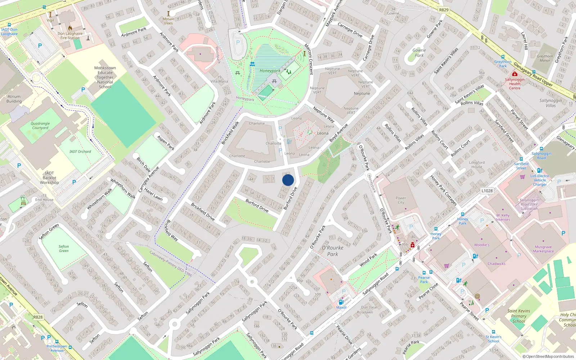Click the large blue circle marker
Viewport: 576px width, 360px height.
tap(288, 180)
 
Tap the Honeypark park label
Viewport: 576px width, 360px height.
tap(270, 71)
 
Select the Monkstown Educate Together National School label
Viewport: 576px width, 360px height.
tap(105, 77)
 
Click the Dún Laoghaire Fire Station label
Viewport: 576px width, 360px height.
tap(70, 36)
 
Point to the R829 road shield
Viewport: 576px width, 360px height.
tap(444, 10)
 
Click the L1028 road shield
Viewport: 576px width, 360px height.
tap(487, 191)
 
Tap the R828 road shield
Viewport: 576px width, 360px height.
tap(38, 317)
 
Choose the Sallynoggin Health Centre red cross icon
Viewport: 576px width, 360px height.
tap(515, 74)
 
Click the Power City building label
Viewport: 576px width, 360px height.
tap(401, 200)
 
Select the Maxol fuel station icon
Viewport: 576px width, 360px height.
tap(341, 302)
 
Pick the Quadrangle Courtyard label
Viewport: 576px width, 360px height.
tap(40, 126)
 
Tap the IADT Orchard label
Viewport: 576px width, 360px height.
tap(80, 152)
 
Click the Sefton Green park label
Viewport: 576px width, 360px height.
tap(64, 249)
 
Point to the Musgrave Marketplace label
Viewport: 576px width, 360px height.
tap(543, 249)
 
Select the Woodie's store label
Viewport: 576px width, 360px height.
tap(482, 245)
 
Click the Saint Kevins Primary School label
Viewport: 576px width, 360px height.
tap(519, 316)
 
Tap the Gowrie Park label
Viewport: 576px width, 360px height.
tap(419, 53)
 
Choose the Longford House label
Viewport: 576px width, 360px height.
tap(477, 165)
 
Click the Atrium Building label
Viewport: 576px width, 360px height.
tap(14, 99)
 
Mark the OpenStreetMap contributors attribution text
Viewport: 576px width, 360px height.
tap(548, 357)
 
